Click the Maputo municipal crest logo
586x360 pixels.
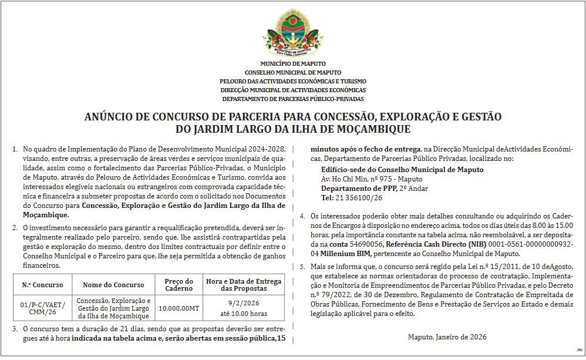point(292,33)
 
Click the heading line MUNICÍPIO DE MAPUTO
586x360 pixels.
point(293,63)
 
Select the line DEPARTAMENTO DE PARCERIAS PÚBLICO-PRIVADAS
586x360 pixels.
point(293,99)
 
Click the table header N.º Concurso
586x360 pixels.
point(42,285)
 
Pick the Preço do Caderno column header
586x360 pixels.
point(179,285)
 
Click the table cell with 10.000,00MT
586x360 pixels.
point(179,308)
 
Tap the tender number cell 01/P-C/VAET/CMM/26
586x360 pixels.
point(42,308)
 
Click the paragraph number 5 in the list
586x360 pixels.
point(302,267)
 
